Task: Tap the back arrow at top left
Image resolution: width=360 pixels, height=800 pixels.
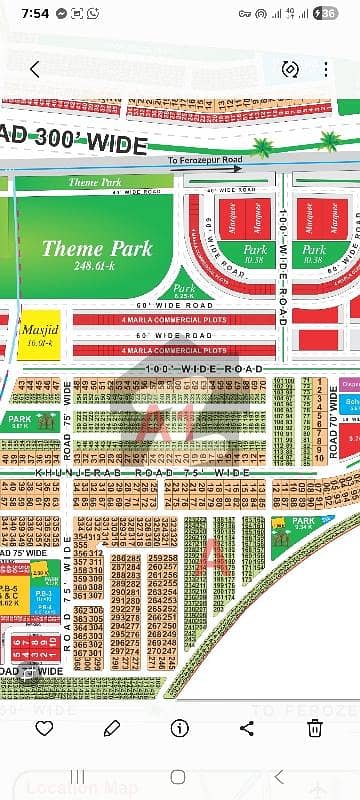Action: coord(35,69)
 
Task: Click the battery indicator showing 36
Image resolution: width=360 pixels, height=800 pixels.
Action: coord(327,14)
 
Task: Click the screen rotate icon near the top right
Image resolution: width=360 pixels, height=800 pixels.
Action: coord(290,69)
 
